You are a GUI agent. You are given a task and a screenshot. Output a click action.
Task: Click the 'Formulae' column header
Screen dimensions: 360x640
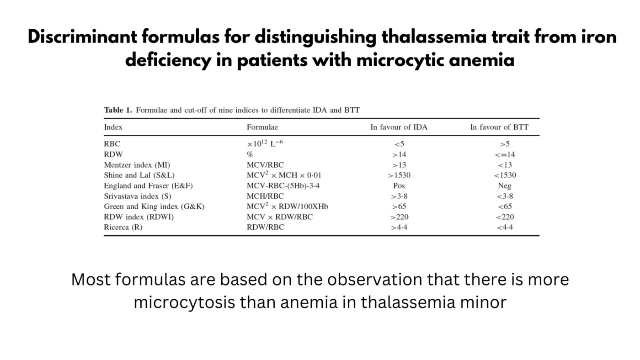(x=262, y=127)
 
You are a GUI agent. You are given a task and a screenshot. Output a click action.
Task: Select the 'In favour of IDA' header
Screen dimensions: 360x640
(x=399, y=127)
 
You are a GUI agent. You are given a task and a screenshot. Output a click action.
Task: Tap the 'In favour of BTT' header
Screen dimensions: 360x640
(x=499, y=127)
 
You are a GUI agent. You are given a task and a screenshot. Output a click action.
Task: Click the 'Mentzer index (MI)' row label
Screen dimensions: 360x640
(x=133, y=165)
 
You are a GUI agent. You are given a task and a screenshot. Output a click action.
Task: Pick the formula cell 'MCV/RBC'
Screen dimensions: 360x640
(x=265, y=165)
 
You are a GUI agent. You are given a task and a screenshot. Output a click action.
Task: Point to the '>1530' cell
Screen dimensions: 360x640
(x=399, y=175)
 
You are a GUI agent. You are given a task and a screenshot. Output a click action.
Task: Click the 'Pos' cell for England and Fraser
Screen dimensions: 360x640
(x=399, y=186)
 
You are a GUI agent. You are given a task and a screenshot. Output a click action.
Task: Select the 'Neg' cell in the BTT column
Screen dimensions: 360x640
(x=505, y=186)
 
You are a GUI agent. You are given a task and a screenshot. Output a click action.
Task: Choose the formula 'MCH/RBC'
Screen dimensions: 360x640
(x=265, y=196)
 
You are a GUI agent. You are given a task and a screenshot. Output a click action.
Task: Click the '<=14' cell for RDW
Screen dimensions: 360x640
(x=505, y=154)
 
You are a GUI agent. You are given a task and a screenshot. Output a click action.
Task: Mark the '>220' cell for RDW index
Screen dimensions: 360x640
(x=399, y=217)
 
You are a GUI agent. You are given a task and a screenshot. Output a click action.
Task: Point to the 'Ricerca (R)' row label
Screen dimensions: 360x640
(x=123, y=227)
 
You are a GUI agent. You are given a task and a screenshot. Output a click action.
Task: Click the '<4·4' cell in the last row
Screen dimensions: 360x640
(x=505, y=227)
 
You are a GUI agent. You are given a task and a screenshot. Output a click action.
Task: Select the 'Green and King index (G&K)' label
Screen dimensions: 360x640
(x=154, y=206)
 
